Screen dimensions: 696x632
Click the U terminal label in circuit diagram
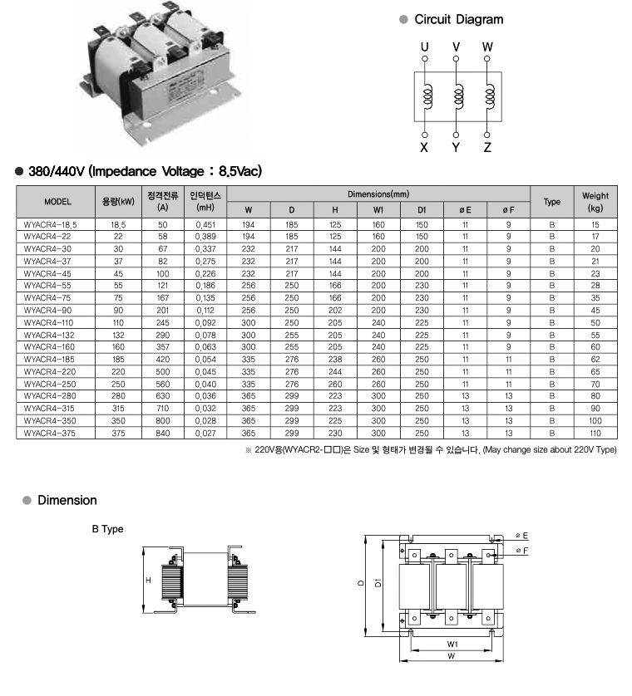pyautogui.click(x=425, y=47)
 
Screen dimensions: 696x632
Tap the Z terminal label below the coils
pyautogui.click(x=487, y=148)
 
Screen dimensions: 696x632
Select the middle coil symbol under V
pyautogui.click(x=457, y=98)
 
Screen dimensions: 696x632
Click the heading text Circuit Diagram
pyautogui.click(x=458, y=19)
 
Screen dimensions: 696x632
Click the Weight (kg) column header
pyautogui.click(x=595, y=202)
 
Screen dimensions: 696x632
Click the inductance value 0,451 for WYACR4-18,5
pyautogui.click(x=205, y=225)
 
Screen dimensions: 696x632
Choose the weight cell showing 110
pyautogui.click(x=595, y=433)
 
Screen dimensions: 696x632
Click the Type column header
pyautogui.click(x=552, y=202)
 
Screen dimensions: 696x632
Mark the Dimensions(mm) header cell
pyautogui.click(x=378, y=194)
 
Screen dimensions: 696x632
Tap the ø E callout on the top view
pyautogui.click(x=522, y=536)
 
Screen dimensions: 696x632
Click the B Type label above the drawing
pyautogui.click(x=107, y=529)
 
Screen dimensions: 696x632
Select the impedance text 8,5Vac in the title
pyautogui.click(x=239, y=172)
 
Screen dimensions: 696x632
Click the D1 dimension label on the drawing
pyautogui.click(x=379, y=584)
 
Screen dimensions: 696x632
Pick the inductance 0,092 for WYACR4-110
pyautogui.click(x=205, y=322)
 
